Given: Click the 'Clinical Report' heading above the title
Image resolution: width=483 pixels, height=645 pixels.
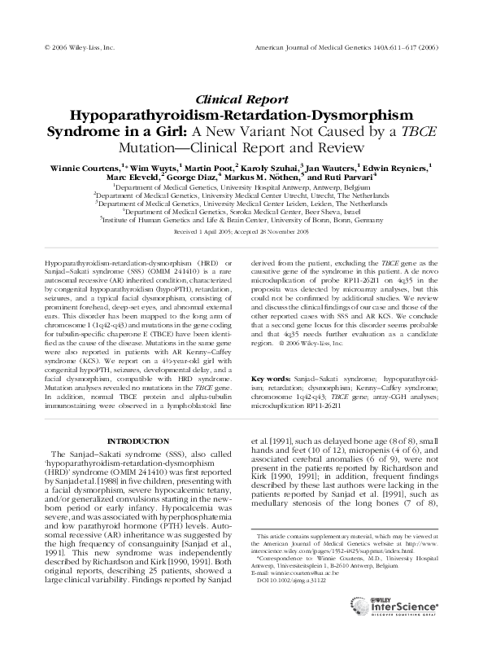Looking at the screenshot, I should (x=241, y=97).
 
